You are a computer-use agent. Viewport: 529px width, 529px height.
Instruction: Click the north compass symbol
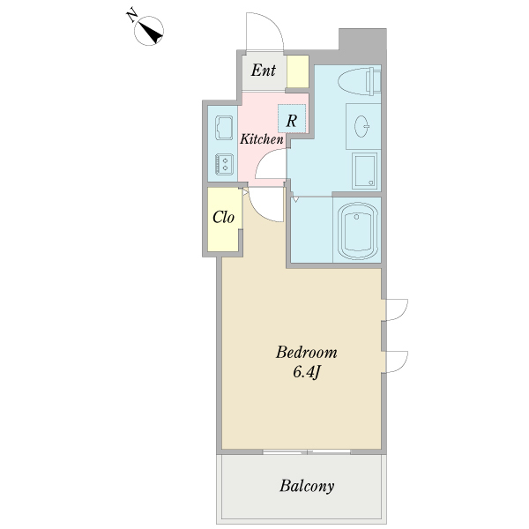click(149, 31)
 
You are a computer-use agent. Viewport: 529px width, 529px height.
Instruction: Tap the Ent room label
click(264, 71)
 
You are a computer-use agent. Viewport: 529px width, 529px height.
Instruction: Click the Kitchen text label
click(262, 139)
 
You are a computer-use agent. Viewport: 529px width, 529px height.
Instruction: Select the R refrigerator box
click(292, 118)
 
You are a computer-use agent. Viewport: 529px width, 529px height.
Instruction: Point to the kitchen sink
click(224, 128)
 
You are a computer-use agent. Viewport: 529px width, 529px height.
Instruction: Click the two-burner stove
click(224, 164)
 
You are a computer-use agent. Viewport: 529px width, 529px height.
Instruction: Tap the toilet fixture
click(359, 80)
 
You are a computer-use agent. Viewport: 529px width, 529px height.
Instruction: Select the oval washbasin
click(362, 126)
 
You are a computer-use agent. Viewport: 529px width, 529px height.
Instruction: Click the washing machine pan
click(364, 171)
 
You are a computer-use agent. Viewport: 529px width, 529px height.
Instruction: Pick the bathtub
click(357, 230)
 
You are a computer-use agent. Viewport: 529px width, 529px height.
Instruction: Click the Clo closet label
click(223, 217)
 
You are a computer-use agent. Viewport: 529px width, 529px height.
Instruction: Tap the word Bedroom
click(306, 352)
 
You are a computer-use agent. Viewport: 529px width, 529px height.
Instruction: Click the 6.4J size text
click(306, 372)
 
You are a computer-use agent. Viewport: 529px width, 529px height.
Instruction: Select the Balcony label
click(307, 486)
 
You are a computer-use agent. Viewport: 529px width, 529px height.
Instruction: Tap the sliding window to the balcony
click(306, 451)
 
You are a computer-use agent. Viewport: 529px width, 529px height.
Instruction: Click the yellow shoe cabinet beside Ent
click(298, 71)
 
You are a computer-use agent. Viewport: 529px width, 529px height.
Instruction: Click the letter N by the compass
click(131, 16)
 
